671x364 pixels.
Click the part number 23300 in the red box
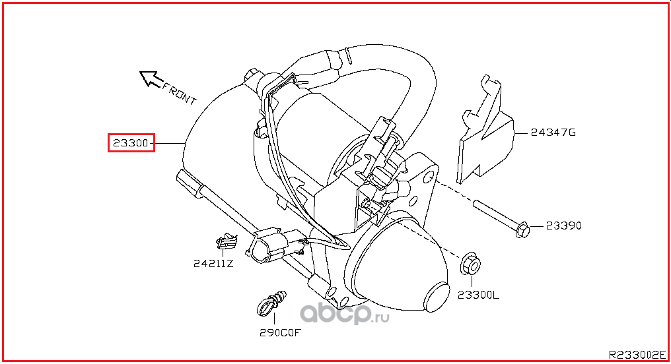(x=131, y=142)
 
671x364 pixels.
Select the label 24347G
(x=553, y=133)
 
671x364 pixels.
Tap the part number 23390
(x=563, y=226)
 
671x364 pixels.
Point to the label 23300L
(x=478, y=295)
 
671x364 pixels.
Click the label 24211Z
(x=213, y=264)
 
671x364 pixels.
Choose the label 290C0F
(x=280, y=332)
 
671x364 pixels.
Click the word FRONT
(x=179, y=93)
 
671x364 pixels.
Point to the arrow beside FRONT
(x=151, y=78)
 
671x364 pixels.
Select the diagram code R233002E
(x=637, y=355)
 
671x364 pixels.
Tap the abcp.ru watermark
(x=345, y=315)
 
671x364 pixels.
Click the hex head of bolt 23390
(x=523, y=230)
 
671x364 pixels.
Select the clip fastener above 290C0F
(x=271, y=303)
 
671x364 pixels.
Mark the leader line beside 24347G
(x=521, y=133)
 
